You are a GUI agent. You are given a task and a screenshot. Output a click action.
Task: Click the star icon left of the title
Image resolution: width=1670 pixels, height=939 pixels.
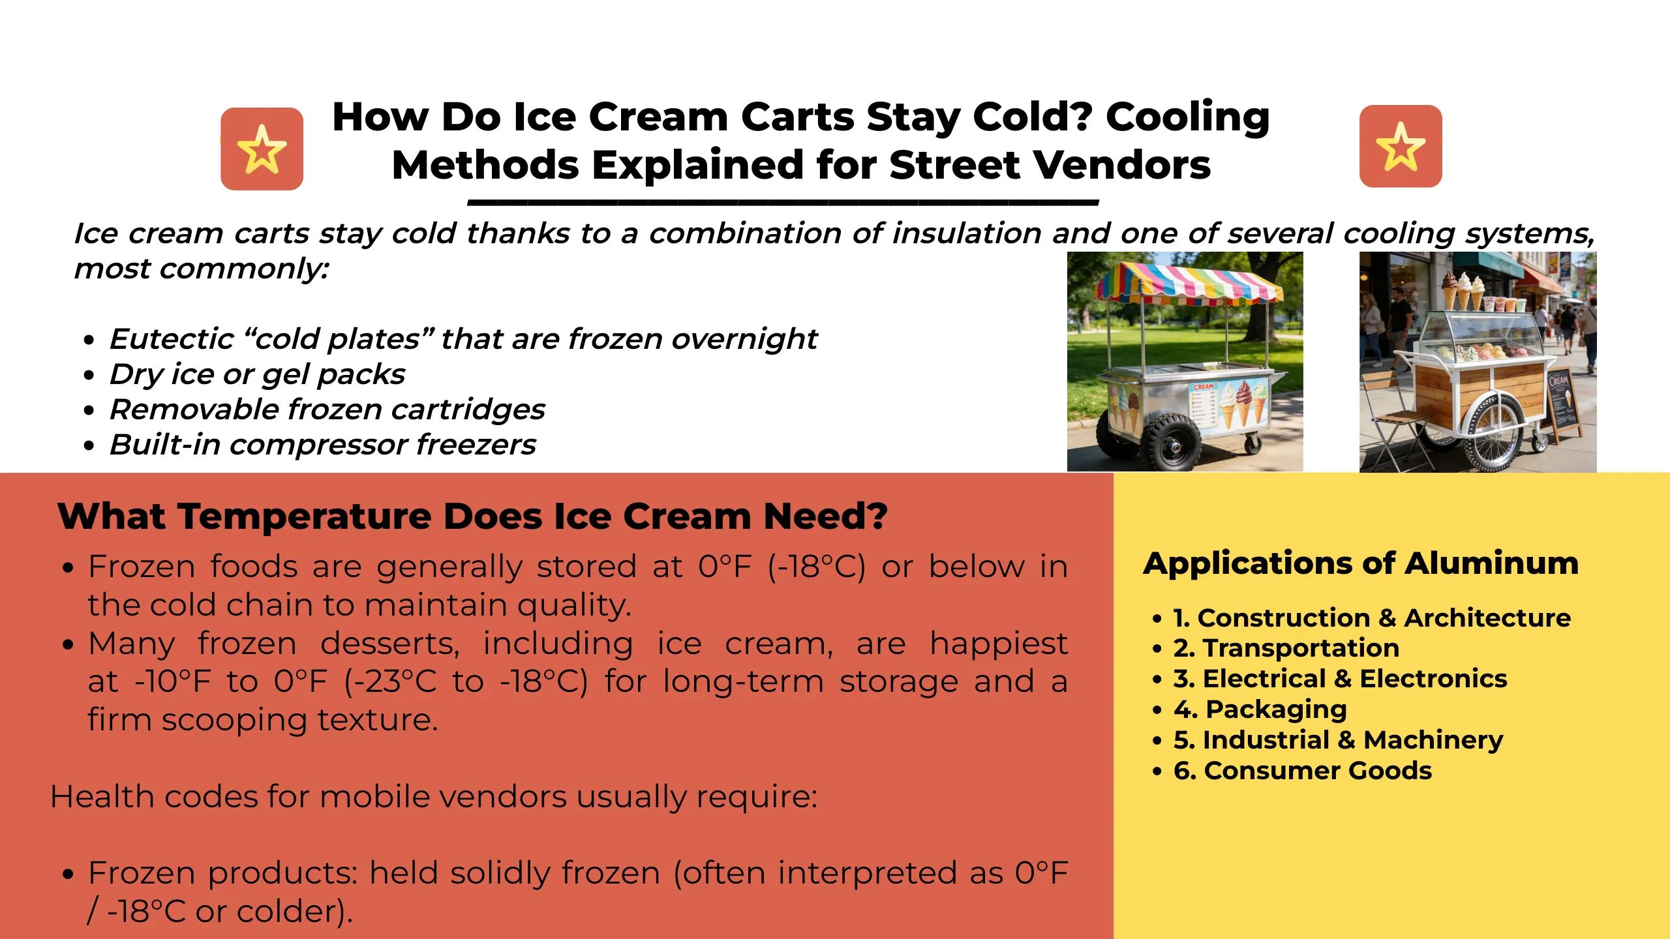point(262,149)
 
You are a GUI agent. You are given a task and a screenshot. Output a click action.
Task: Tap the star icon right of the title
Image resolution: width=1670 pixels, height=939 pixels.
point(1401,146)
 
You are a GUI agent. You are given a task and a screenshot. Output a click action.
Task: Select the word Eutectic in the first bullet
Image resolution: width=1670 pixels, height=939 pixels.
point(172,338)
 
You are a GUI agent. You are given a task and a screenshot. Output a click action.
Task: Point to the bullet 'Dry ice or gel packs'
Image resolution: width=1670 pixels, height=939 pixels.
point(257,374)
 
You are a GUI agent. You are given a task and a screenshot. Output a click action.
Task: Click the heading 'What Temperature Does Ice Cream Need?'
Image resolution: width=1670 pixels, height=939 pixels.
point(472,516)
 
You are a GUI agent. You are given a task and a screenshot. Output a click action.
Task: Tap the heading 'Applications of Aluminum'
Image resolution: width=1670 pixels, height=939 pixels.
point(1361,563)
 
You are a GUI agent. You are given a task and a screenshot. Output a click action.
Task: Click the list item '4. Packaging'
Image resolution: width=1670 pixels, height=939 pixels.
point(1260,709)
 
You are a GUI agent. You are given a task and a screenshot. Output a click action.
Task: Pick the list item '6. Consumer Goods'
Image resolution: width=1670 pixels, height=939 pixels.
point(1303,770)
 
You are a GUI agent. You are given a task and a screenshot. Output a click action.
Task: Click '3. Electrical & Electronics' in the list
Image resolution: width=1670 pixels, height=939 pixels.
point(1341,678)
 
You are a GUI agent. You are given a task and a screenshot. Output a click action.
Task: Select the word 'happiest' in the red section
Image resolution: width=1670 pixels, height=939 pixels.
point(999,644)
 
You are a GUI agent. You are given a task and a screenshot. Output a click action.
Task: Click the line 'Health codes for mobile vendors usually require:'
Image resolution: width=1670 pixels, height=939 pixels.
point(434,797)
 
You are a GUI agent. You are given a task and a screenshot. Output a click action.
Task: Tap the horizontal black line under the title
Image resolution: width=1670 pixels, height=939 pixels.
point(783,203)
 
